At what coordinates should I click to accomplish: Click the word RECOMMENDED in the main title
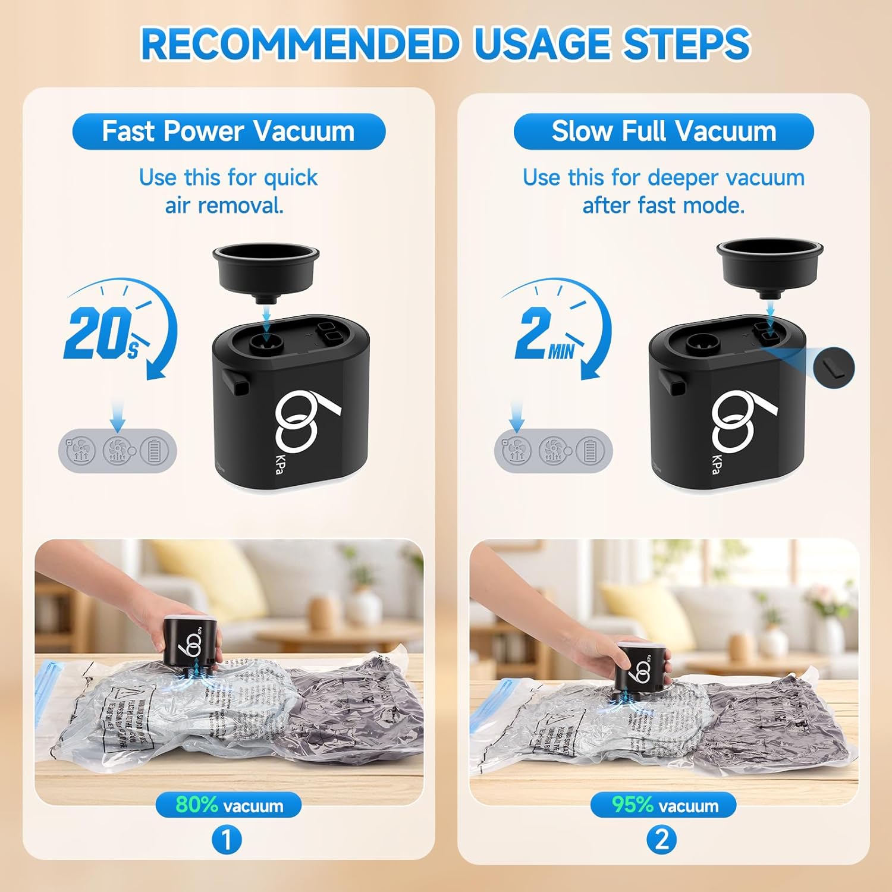[x=300, y=44]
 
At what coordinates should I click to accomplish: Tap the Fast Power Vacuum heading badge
[x=228, y=131]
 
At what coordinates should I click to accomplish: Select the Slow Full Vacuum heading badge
[x=663, y=131]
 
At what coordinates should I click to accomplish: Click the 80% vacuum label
[x=228, y=805]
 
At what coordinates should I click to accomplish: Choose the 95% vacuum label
[x=664, y=805]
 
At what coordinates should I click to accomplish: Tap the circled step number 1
[x=227, y=840]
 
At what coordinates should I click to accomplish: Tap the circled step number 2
[x=662, y=840]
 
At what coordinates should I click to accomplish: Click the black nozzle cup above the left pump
[x=265, y=271]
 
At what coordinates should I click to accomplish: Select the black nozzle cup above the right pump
[x=769, y=266]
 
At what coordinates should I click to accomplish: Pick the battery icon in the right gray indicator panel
[x=590, y=451]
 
